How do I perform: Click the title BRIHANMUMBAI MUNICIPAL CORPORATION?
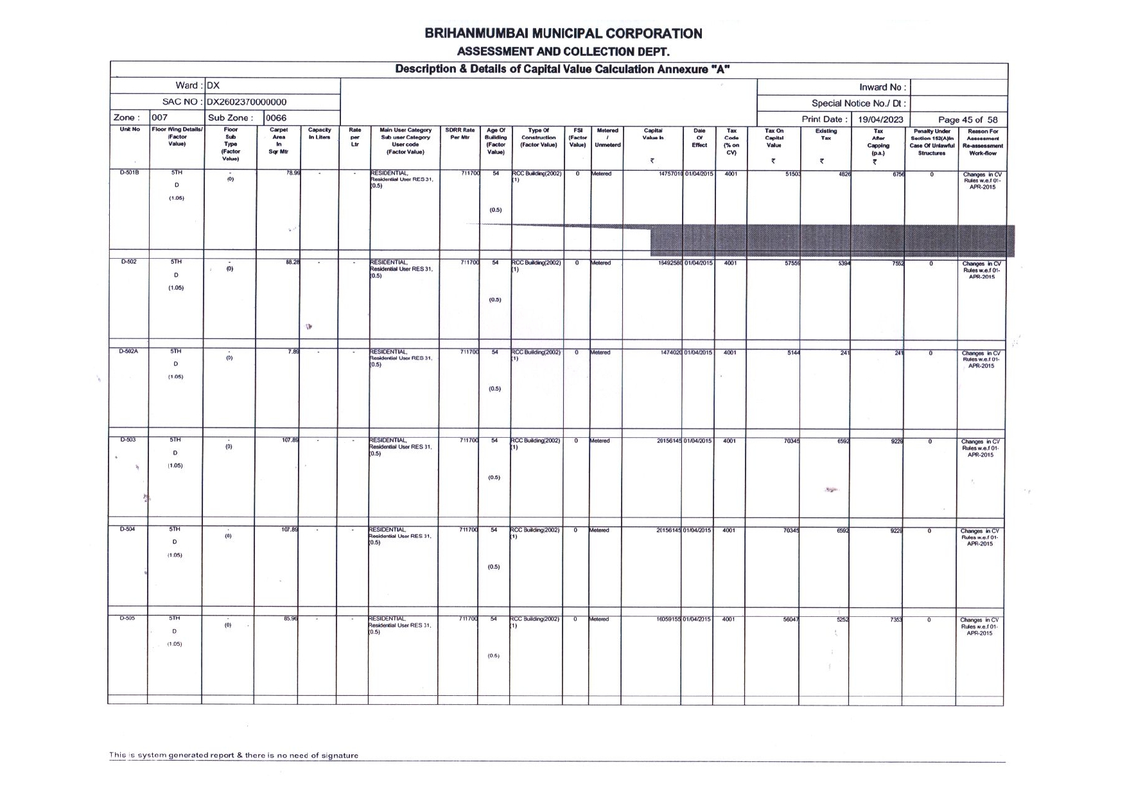click(x=563, y=33)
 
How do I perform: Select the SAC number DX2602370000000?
click(x=247, y=102)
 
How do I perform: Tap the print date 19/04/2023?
click(x=880, y=119)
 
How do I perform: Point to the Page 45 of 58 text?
click(x=968, y=119)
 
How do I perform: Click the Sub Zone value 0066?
click(x=276, y=118)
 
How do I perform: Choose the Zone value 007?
click(x=159, y=118)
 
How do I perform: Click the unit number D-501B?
click(x=129, y=173)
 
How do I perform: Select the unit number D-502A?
click(x=128, y=351)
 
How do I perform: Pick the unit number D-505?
click(x=127, y=618)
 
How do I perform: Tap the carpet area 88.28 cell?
click(x=293, y=262)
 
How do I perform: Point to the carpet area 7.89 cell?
click(x=293, y=351)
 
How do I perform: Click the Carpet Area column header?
click(x=279, y=141)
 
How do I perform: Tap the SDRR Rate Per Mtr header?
click(x=460, y=134)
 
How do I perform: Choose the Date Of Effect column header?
click(x=699, y=137)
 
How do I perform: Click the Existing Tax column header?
click(x=826, y=134)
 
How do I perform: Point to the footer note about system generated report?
click(x=234, y=756)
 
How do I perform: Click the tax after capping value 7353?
click(x=896, y=620)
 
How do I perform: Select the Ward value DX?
click(x=213, y=86)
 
